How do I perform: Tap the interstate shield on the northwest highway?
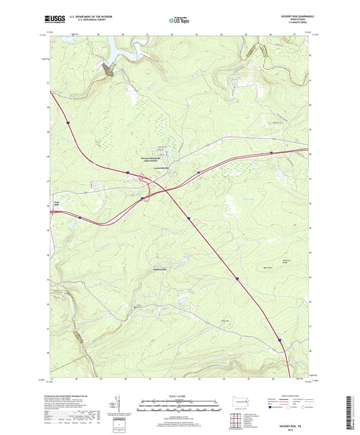68,122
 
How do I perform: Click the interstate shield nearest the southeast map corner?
278,340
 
